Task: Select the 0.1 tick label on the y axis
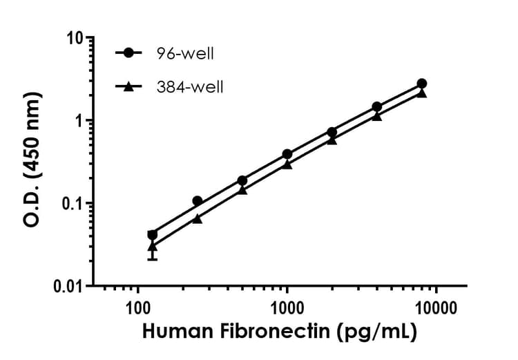pyautogui.click(x=71, y=203)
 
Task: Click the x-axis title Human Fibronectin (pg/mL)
pyautogui.click(x=280, y=332)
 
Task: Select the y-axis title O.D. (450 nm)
pyautogui.click(x=32, y=161)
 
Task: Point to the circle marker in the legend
pyautogui.click(x=128, y=53)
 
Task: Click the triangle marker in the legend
pyautogui.click(x=128, y=86)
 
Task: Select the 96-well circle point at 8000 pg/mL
pyautogui.click(x=421, y=84)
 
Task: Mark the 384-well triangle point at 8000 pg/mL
pyautogui.click(x=421, y=93)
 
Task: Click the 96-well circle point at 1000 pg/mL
pyautogui.click(x=287, y=154)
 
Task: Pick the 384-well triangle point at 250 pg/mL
pyautogui.click(x=198, y=218)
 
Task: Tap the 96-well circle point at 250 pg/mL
pyautogui.click(x=198, y=201)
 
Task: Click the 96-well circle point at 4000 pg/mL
pyautogui.click(x=376, y=106)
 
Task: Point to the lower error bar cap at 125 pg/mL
pyautogui.click(x=153, y=259)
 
